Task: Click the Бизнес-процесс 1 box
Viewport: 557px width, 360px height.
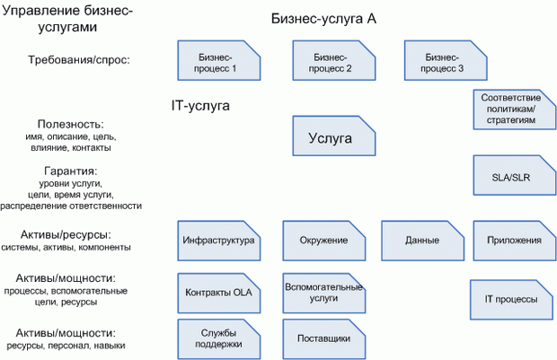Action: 218,62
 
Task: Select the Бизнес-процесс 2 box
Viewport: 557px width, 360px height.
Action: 330,62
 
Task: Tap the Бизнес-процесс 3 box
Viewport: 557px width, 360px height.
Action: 441,62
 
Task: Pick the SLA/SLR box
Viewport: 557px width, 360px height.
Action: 511,176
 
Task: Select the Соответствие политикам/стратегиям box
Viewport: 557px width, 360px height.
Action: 511,109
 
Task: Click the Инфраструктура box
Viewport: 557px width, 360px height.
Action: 218,241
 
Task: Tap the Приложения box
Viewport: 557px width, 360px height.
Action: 514,241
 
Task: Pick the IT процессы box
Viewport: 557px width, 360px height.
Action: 511,298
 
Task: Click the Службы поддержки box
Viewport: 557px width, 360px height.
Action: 218,339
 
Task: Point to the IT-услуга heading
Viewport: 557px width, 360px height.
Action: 200,106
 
